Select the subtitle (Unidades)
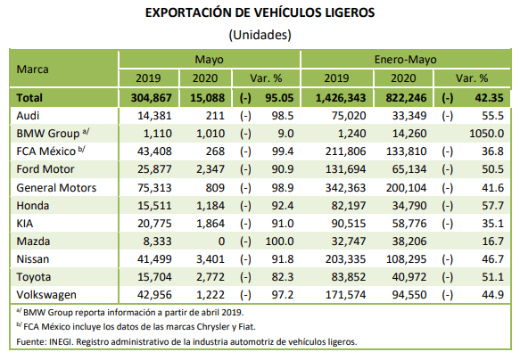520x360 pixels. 260,35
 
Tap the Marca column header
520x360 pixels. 32,70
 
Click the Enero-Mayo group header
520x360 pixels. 405,60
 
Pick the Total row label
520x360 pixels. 29,98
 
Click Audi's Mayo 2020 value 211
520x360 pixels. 215,116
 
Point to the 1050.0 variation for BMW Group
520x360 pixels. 486,134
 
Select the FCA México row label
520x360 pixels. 46,151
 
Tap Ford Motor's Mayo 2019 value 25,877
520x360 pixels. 154,169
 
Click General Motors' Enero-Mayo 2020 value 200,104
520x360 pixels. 406,188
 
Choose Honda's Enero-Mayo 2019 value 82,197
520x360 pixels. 349,206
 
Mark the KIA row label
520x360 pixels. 25,224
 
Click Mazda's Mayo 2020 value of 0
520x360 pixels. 221,241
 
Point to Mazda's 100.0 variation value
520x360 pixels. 279,241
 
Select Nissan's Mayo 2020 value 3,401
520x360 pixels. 210,259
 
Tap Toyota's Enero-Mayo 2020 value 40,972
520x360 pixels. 409,277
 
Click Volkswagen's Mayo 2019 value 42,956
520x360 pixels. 154,295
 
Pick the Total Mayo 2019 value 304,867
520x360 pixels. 152,98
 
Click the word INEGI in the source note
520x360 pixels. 61,342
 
